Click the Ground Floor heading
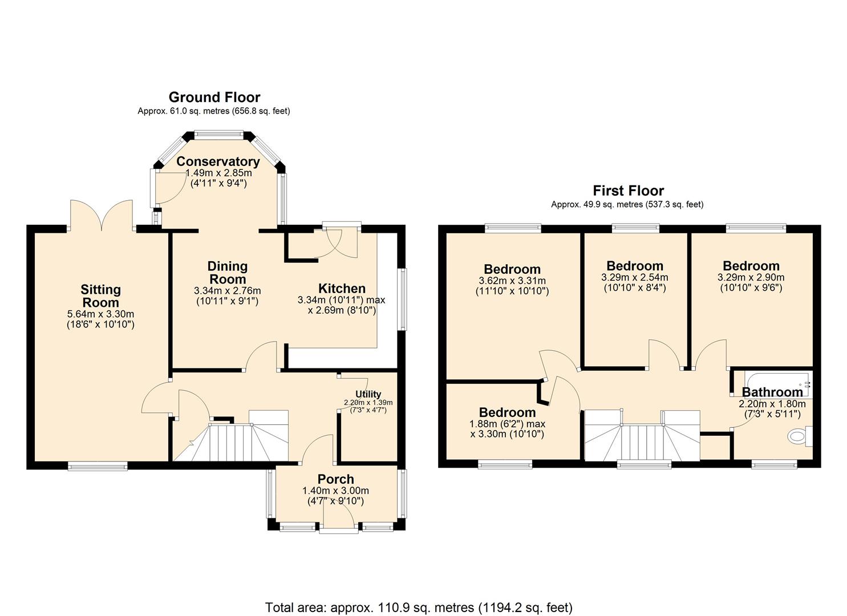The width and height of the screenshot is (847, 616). point(214,97)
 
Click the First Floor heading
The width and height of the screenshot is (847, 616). point(628,191)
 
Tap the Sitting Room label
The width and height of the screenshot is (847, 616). point(100,296)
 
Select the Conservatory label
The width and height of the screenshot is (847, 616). point(218,161)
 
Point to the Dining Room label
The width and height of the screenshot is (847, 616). point(227,273)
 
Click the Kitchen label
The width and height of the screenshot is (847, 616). point(342,289)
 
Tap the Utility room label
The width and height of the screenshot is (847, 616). point(368,394)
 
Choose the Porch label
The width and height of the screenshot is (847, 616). point(336,479)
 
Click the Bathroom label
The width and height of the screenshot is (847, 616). point(772,392)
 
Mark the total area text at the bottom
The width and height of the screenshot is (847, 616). point(419,607)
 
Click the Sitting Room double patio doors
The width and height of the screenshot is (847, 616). point(102,216)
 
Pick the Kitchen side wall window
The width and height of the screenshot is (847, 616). point(403,299)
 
